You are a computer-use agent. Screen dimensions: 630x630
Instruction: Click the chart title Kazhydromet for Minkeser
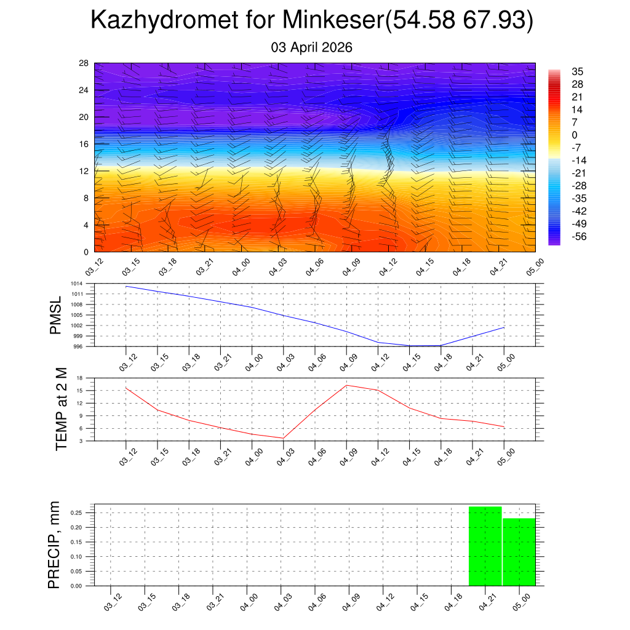click(x=311, y=21)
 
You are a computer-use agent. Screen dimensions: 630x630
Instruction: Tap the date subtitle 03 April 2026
click(x=311, y=47)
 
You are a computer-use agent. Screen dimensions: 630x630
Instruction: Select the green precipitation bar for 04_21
click(x=485, y=546)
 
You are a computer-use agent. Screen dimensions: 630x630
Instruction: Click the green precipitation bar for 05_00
click(x=519, y=552)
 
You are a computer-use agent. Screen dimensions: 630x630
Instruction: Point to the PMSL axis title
click(x=56, y=315)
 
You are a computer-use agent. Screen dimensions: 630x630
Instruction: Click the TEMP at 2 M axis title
click(x=61, y=409)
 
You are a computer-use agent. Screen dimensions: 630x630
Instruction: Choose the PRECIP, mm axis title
click(x=55, y=544)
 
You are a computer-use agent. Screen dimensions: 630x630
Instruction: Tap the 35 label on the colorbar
click(x=577, y=71)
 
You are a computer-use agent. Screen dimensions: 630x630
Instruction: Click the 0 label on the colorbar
click(x=575, y=135)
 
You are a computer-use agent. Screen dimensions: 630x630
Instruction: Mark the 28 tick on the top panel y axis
click(x=84, y=63)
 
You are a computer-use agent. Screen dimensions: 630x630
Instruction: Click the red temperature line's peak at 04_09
click(x=346, y=385)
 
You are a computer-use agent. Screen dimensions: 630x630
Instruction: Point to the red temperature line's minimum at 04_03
click(x=283, y=438)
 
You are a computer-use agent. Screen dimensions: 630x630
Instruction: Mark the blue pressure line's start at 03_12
click(x=126, y=286)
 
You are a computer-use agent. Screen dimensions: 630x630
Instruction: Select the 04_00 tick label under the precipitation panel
click(x=248, y=602)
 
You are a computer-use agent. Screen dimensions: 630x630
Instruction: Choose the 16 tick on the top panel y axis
click(x=84, y=144)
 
